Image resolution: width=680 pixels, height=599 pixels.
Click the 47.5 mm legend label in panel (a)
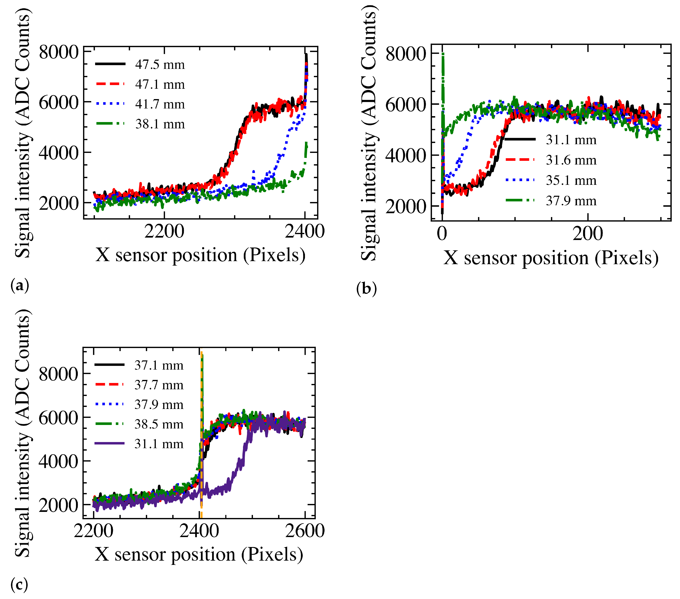pyautogui.click(x=160, y=65)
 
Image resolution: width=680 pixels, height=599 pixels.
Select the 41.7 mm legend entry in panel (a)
pyautogui.click(x=160, y=104)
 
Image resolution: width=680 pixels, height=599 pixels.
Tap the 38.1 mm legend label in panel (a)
pyautogui.click(x=160, y=124)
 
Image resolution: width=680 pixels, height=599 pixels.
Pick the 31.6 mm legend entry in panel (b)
pyautogui.click(x=571, y=160)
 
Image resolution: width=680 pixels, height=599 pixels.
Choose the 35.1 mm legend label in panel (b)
pyautogui.click(x=571, y=181)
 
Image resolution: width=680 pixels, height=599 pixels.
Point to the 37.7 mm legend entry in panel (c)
pyautogui.click(x=159, y=385)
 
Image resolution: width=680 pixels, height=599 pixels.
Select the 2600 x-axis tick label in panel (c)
pyautogui.click(x=305, y=531)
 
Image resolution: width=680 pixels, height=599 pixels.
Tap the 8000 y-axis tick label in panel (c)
pyautogui.click(x=58, y=374)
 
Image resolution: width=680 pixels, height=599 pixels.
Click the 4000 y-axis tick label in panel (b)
pyautogui.click(x=405, y=156)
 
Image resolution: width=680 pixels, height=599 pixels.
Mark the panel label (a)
pyautogui.click(x=20, y=285)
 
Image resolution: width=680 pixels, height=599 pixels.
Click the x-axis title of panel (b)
pyautogui.click(x=551, y=258)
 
